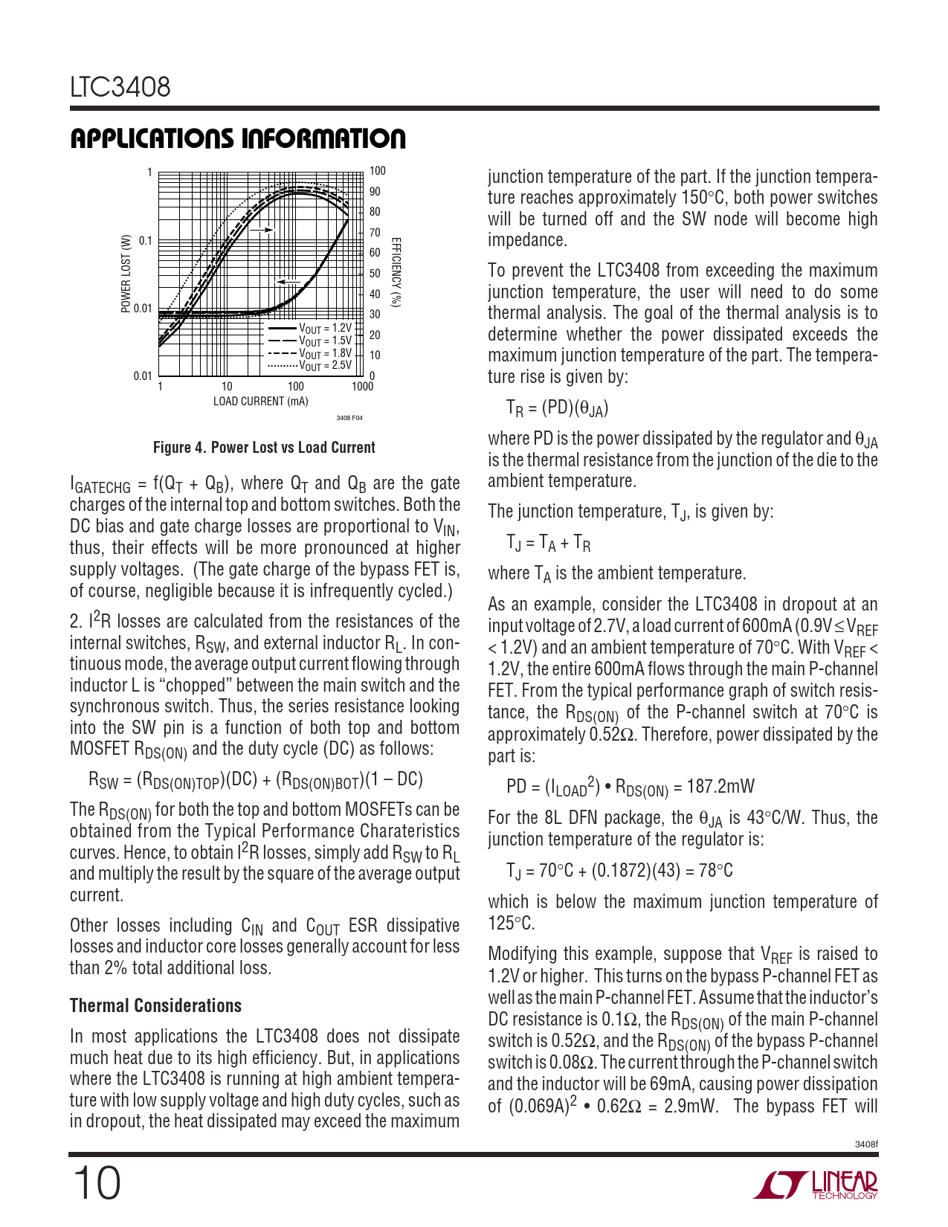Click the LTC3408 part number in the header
(x=120, y=88)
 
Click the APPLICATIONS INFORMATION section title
(x=238, y=139)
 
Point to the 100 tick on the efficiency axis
(x=378, y=171)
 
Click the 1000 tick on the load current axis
(x=363, y=387)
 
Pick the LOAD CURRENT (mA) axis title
(x=260, y=402)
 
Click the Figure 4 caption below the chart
(x=264, y=448)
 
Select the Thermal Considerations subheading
(x=155, y=1006)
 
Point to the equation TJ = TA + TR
(x=549, y=544)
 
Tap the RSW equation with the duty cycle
(x=256, y=780)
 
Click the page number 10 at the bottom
(x=96, y=1184)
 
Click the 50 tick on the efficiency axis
(x=375, y=274)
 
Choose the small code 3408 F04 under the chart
(x=349, y=419)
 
